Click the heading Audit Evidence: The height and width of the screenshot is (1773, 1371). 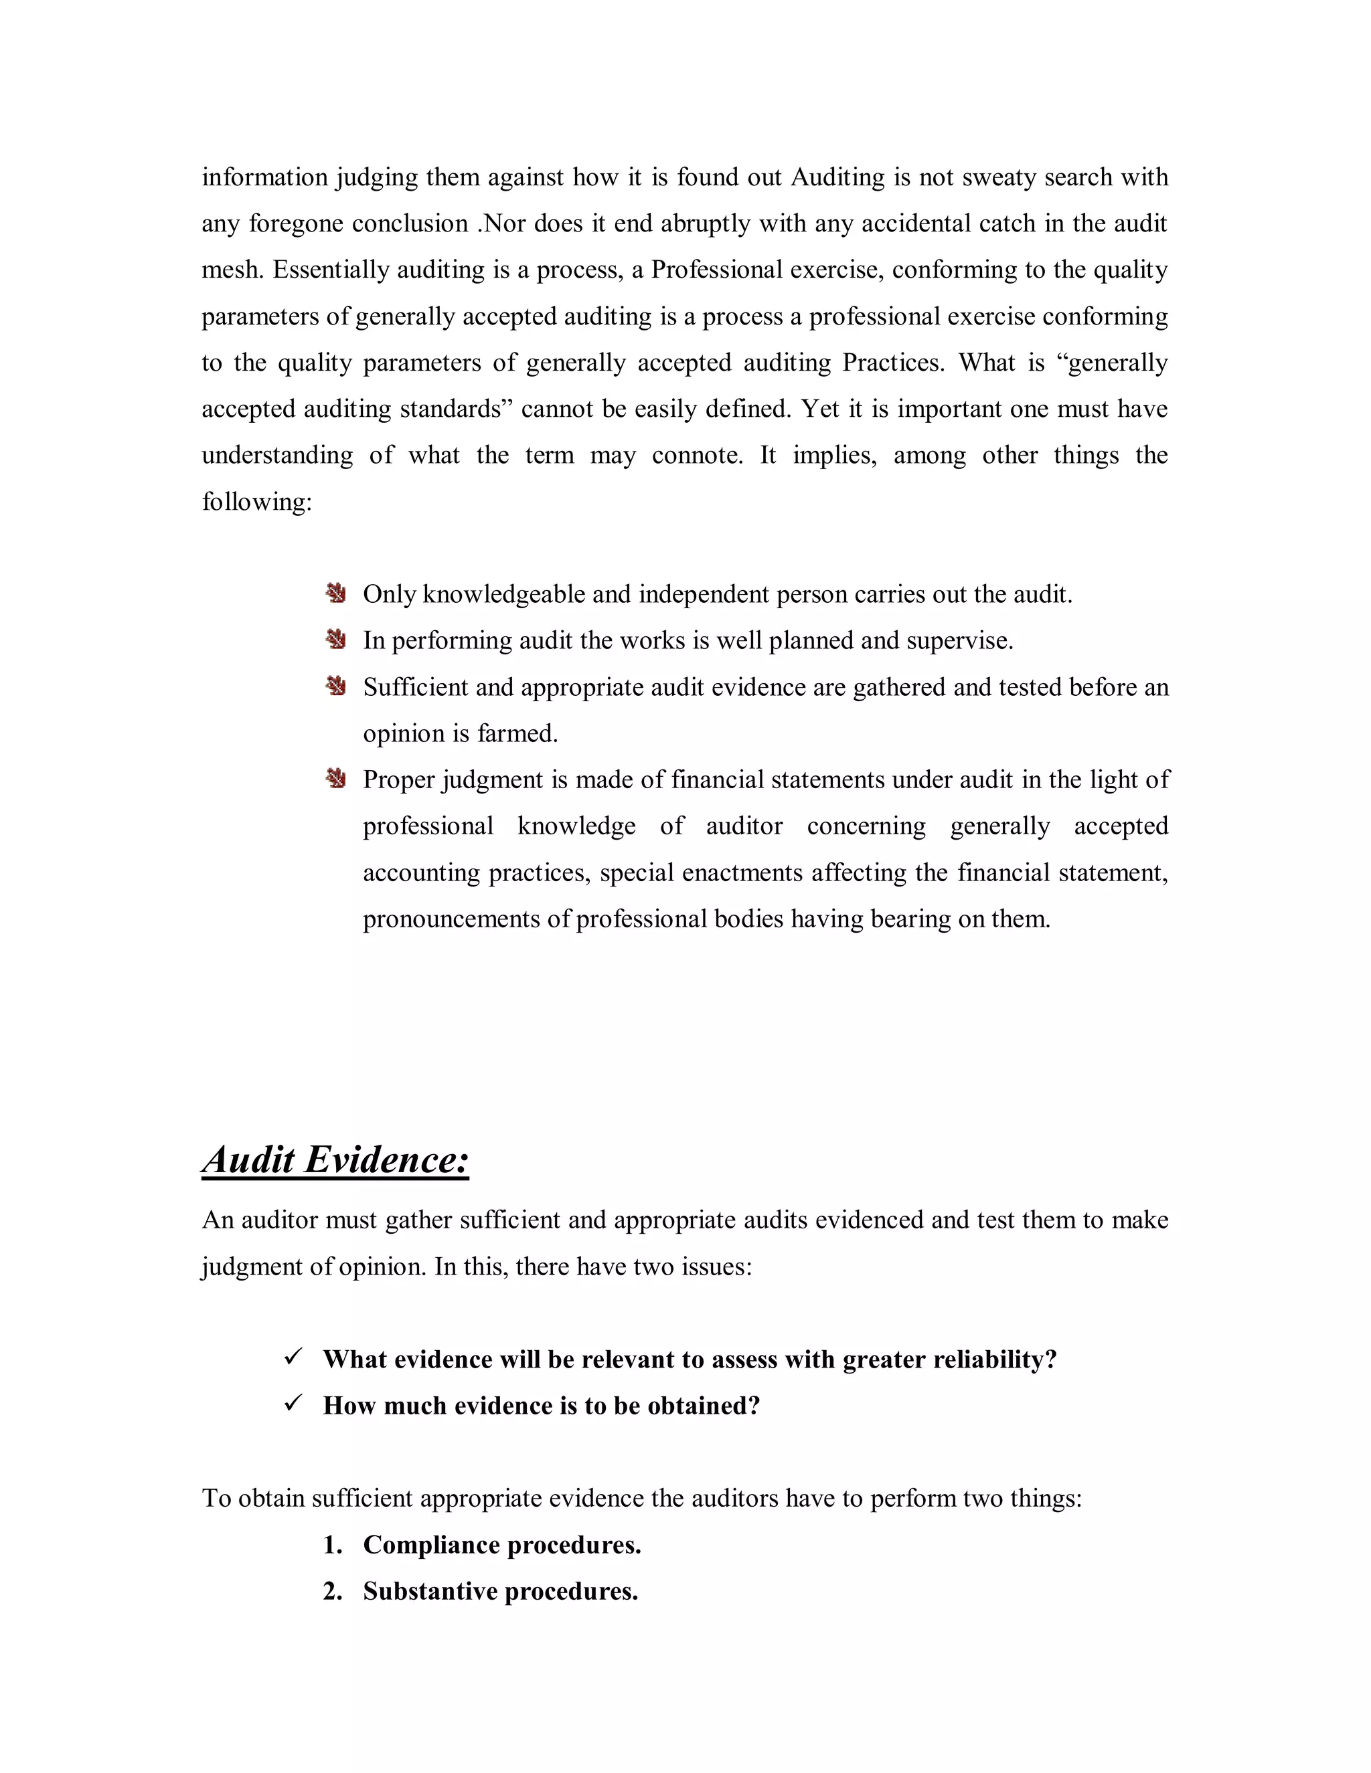coord(335,1159)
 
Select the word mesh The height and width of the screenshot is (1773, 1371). coord(231,270)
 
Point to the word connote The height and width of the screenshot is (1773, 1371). coord(697,456)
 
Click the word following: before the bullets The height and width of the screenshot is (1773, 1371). coord(256,502)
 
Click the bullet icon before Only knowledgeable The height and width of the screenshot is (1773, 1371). coord(336,593)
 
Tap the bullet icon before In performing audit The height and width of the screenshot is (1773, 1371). coord(336,640)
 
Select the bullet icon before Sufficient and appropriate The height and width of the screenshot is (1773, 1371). coord(336,686)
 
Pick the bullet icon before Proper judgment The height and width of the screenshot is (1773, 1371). coord(336,779)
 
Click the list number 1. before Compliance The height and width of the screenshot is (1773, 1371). coord(332,1545)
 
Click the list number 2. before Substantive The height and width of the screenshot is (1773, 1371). coord(332,1591)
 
